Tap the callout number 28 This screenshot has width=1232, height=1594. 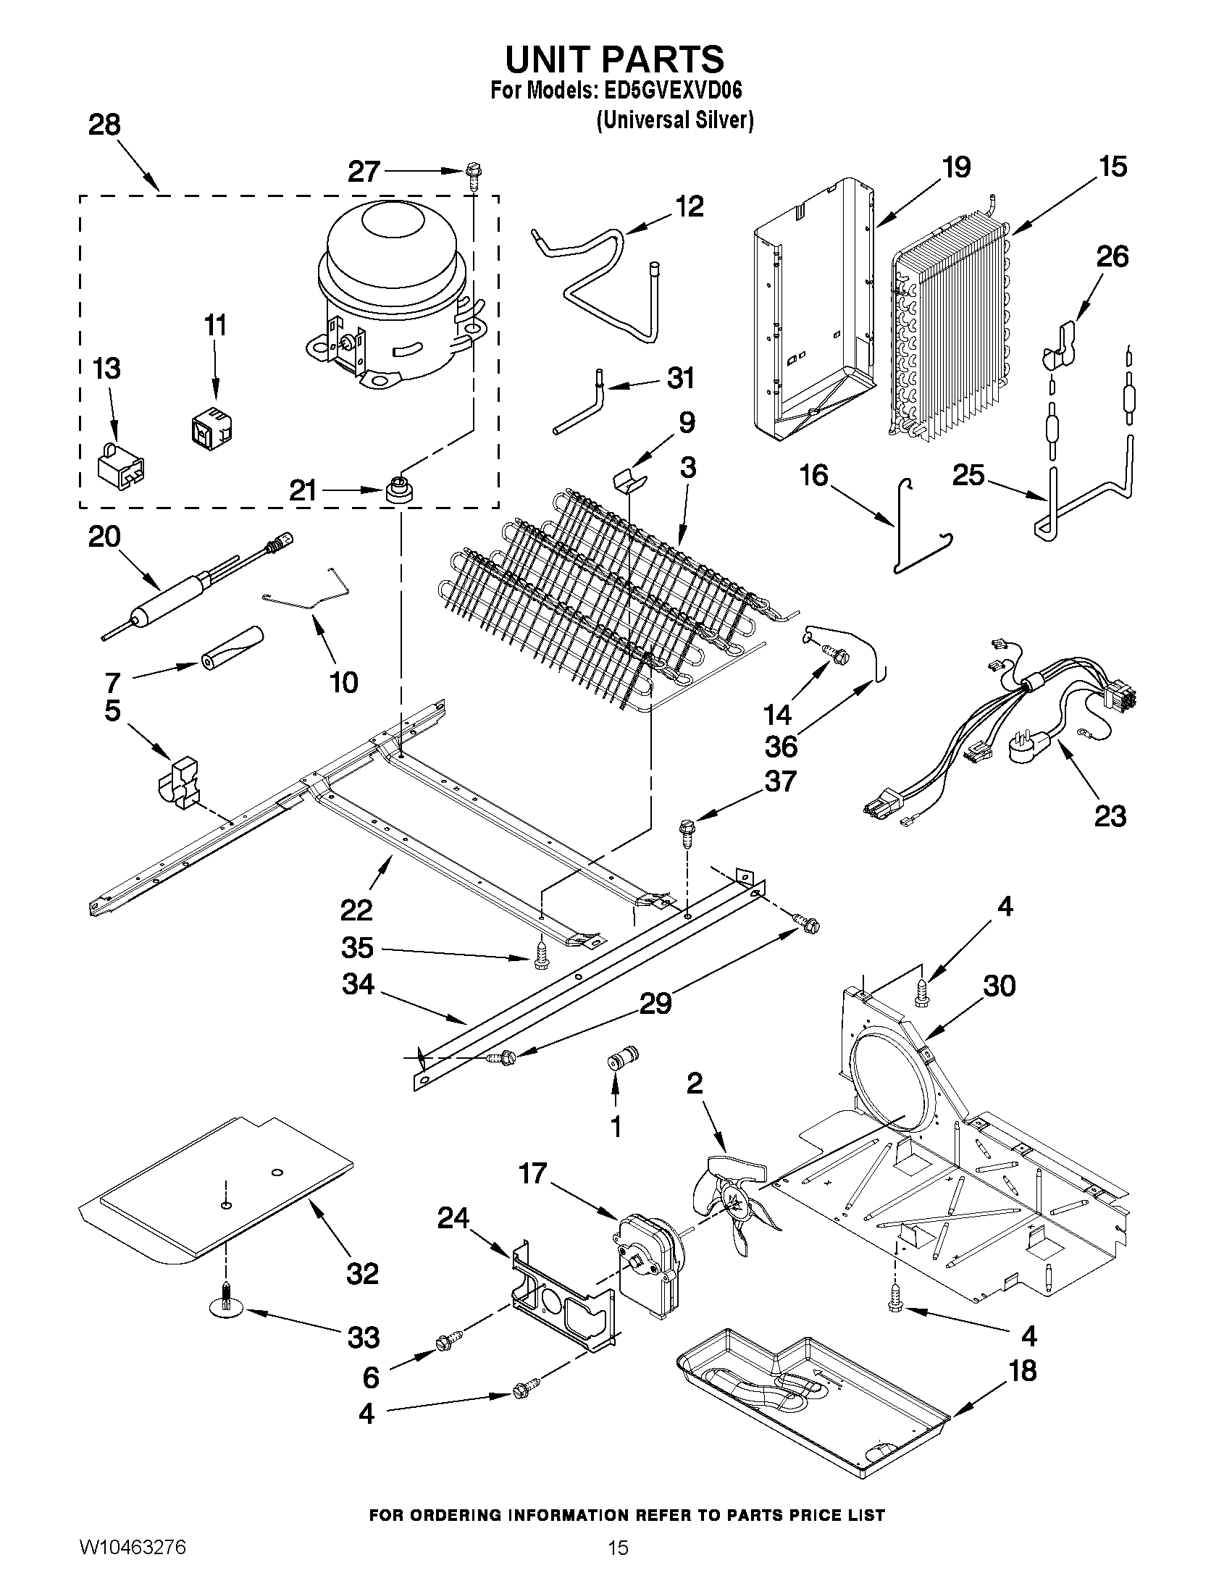(104, 125)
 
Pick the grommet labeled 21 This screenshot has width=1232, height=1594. (398, 490)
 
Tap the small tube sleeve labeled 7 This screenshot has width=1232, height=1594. (231, 647)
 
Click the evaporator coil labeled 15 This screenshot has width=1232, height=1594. (949, 329)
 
